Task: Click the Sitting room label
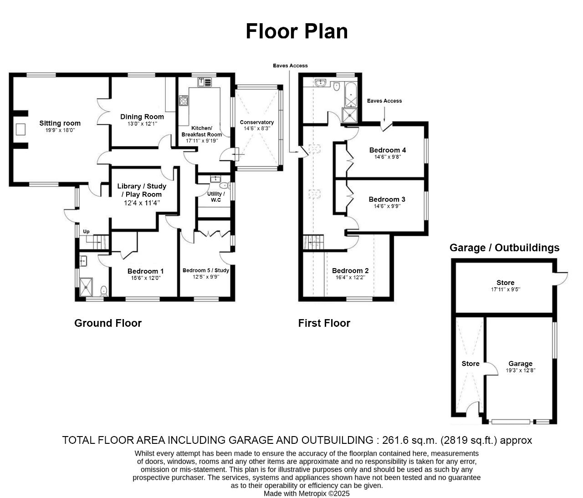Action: pyautogui.click(x=60, y=123)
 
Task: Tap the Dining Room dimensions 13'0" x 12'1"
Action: pyautogui.click(x=142, y=124)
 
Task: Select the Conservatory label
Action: pyautogui.click(x=257, y=122)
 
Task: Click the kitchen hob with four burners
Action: pyautogui.click(x=184, y=101)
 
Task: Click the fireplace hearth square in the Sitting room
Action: pyautogui.click(x=20, y=129)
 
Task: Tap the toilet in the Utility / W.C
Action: pyautogui.click(x=224, y=185)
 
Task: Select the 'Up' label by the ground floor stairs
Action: pyautogui.click(x=86, y=231)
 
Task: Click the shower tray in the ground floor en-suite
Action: pyautogui.click(x=86, y=287)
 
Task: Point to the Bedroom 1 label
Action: pyautogui.click(x=145, y=271)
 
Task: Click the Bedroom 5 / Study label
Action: pyautogui.click(x=205, y=270)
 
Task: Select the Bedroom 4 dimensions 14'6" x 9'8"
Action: pyautogui.click(x=388, y=157)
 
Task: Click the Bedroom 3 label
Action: pyautogui.click(x=387, y=199)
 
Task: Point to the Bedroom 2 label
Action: pyautogui.click(x=350, y=270)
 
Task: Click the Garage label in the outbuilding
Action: pyautogui.click(x=521, y=364)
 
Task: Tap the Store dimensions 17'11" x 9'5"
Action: pyautogui.click(x=506, y=290)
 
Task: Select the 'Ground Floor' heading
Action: pyautogui.click(x=108, y=323)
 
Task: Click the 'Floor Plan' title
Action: pyautogui.click(x=297, y=31)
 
